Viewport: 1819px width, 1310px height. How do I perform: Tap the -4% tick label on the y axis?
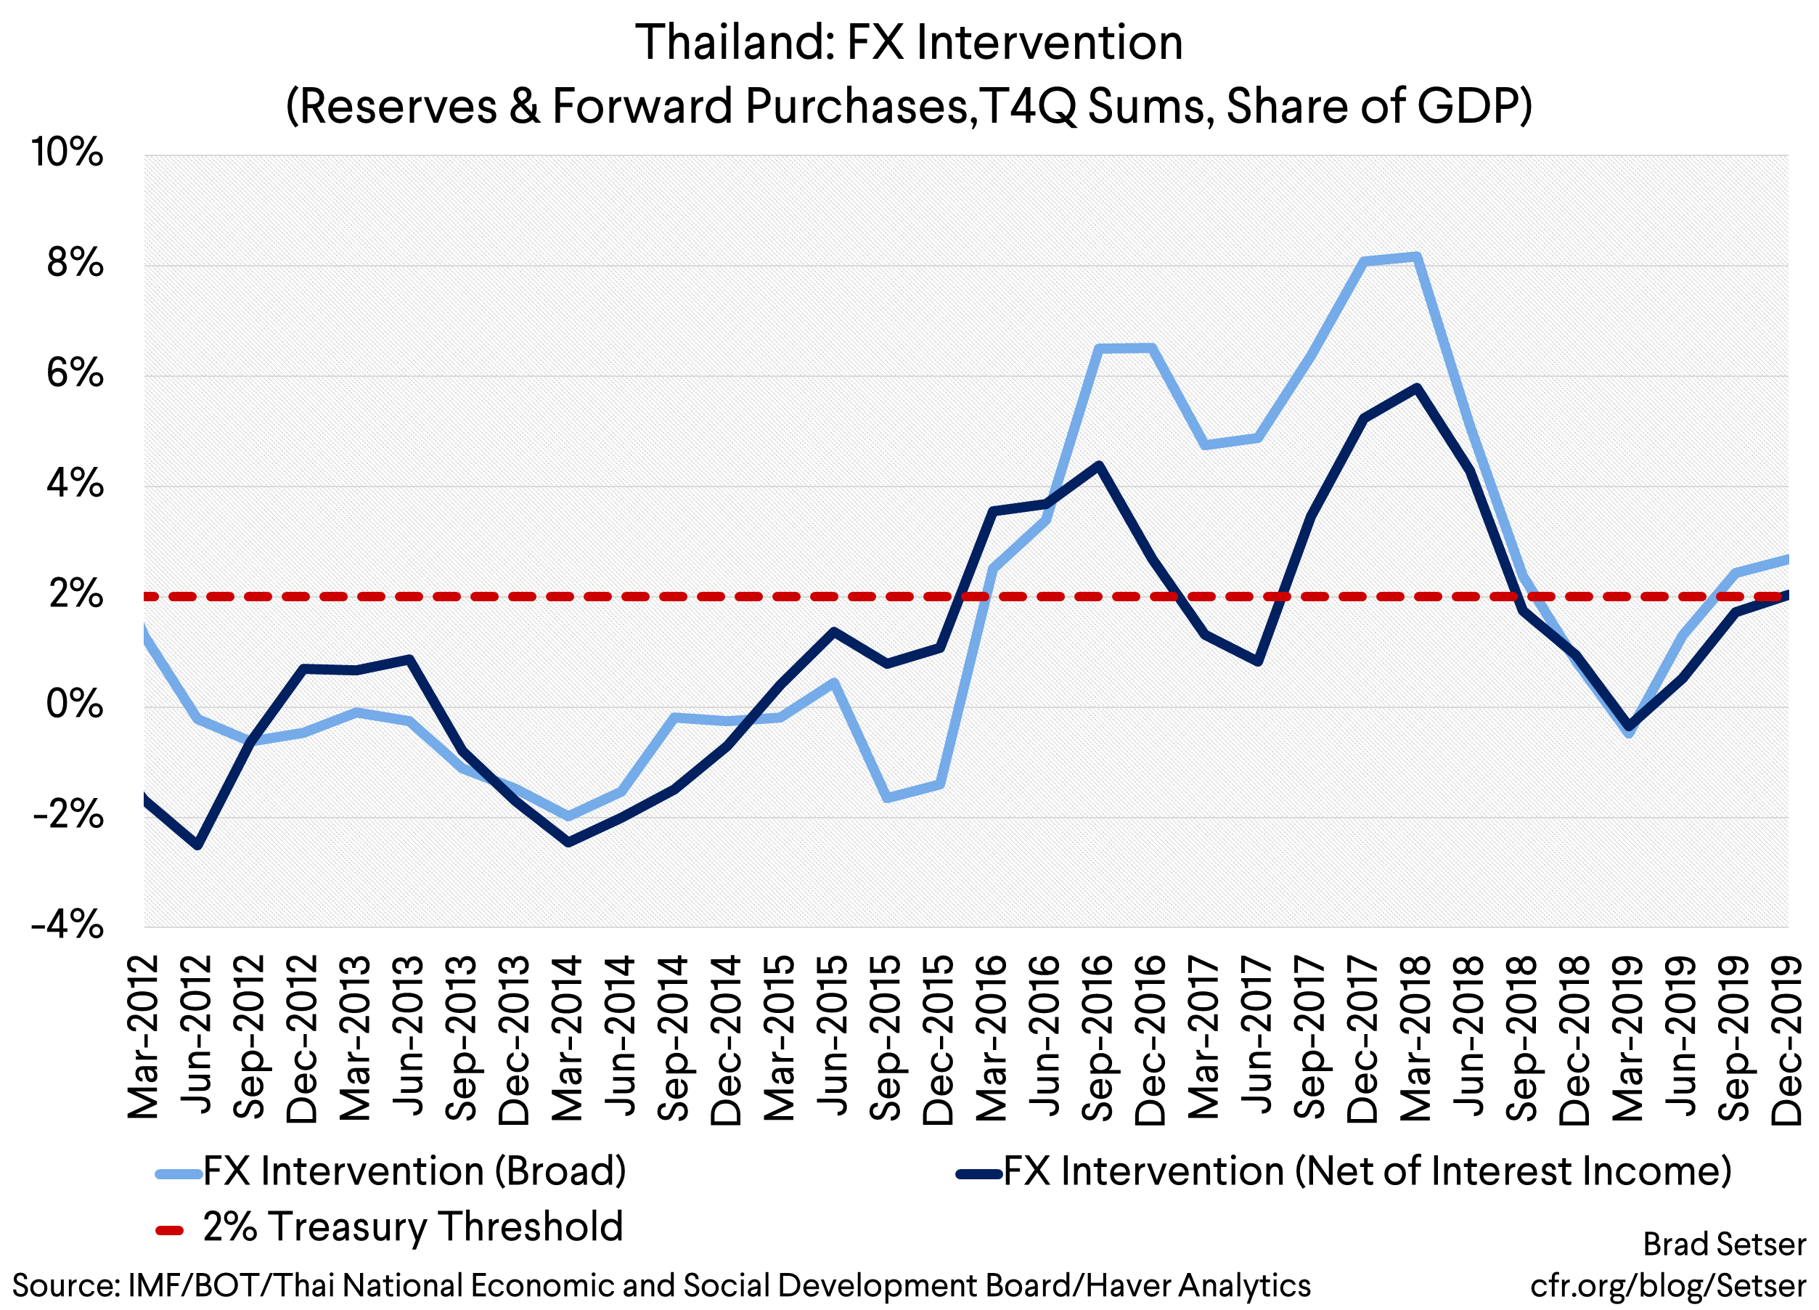(x=68, y=925)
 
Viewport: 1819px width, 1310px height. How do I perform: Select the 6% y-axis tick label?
(x=75, y=373)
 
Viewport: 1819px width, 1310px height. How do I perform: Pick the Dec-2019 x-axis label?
(x=1787, y=1039)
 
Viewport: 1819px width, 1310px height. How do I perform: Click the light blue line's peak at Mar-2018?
(x=1416, y=257)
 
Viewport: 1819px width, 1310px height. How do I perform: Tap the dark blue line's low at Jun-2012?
(x=197, y=845)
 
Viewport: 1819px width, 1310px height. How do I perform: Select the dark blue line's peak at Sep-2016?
(x=1098, y=465)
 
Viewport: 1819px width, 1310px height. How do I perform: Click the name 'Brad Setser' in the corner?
(x=1724, y=1244)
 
